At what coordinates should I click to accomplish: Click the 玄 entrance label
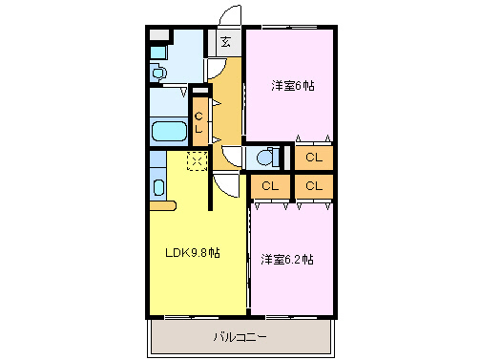[226, 41]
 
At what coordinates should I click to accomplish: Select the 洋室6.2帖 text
[287, 259]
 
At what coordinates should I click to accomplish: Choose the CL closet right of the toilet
[313, 157]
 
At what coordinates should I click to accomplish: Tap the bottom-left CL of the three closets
[271, 185]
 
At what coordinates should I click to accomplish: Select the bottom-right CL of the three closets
[313, 185]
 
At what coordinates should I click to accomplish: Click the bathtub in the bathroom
[170, 131]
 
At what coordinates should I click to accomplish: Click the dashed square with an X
[197, 160]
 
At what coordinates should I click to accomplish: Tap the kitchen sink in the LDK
[158, 187]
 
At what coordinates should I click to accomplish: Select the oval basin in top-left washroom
[158, 72]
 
